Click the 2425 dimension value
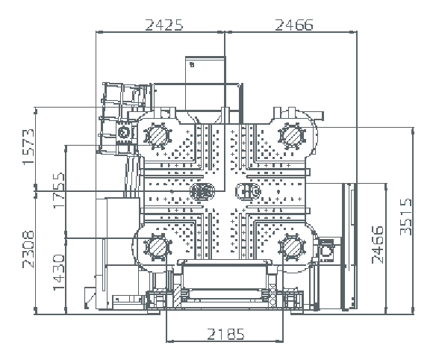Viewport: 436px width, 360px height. pyautogui.click(x=164, y=25)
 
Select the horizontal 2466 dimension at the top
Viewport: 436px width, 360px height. pyautogui.click(x=294, y=25)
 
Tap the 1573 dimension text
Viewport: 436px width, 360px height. pyautogui.click(x=28, y=147)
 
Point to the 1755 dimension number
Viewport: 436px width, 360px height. pyautogui.click(x=59, y=190)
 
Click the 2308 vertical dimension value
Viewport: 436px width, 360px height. pyautogui.click(x=28, y=249)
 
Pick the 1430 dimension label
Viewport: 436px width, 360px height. pyautogui.click(x=59, y=272)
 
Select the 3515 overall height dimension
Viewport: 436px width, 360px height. pyautogui.click(x=405, y=217)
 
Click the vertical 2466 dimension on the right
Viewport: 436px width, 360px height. pyautogui.click(x=378, y=245)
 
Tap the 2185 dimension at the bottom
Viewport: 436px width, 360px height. pyautogui.click(x=225, y=334)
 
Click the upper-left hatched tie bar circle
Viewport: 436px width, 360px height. pyautogui.click(x=158, y=136)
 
